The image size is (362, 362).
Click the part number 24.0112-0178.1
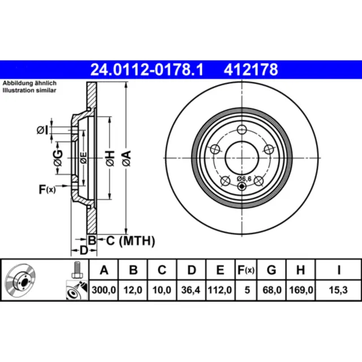click(x=148, y=70)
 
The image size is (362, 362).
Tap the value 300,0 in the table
click(x=104, y=290)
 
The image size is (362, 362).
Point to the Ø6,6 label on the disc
click(x=242, y=180)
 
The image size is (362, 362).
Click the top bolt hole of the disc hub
click(x=242, y=128)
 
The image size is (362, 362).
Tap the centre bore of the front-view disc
click(x=242, y=157)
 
